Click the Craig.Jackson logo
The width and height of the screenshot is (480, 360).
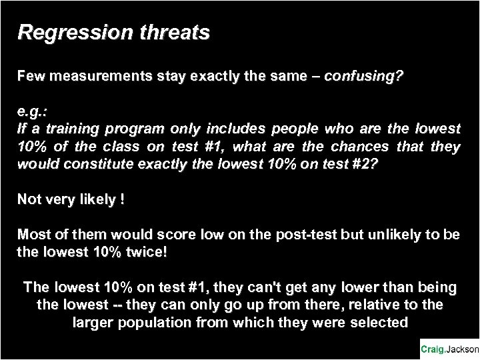click(x=449, y=349)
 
